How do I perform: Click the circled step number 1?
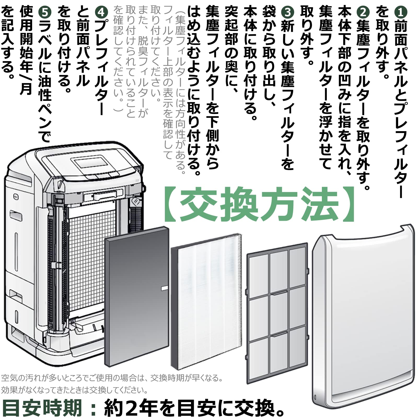pyautogui.click(x=401, y=12)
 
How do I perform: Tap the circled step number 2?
pyautogui.click(x=363, y=12)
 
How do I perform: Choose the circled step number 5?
pyautogui.click(x=45, y=12)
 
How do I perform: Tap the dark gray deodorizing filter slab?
pyautogui.click(x=137, y=297)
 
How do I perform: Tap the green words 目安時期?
pyautogui.click(x=42, y=408)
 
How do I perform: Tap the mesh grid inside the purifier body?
pyautogui.click(x=88, y=261)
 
